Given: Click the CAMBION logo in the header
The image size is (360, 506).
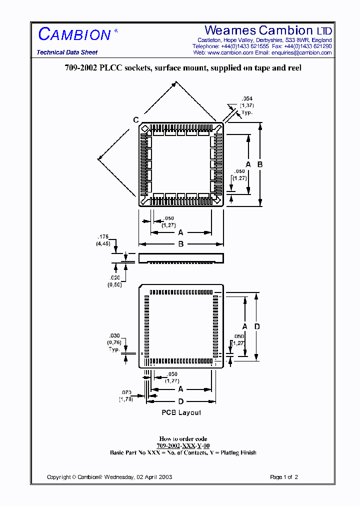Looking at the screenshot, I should pos(75,34).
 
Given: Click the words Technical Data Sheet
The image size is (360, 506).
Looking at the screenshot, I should pos(67,52).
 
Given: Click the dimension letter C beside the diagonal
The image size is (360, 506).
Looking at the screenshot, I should pos(135,119).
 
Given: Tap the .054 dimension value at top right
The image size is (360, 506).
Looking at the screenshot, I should pos(246,99).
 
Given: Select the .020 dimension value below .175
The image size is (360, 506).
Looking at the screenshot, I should pos(114,277).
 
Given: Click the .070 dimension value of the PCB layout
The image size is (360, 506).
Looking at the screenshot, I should pos(125,392).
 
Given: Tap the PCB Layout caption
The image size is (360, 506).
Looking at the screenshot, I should pos(181,412).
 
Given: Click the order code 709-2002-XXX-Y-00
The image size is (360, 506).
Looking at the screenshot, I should pos(183,445).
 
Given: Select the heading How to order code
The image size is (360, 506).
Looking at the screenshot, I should pos(183,439).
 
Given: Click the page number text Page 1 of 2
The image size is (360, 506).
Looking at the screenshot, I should pos(284,477).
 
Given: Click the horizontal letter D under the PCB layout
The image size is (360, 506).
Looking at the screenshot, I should pos(180,401).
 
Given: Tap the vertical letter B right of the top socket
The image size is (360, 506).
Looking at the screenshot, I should pos(260,164).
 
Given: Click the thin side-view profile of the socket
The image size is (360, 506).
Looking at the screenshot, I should pos(180,258).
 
